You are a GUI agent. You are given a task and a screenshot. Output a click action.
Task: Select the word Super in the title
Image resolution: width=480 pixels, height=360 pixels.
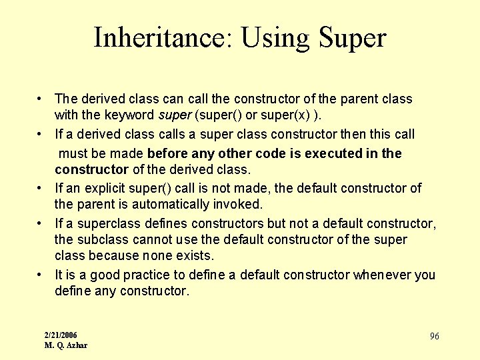tap(353, 38)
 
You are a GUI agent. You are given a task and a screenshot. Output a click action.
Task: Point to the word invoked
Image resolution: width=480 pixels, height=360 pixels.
tap(241, 204)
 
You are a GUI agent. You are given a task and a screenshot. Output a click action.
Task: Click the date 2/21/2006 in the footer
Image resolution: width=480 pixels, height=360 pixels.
tap(61, 335)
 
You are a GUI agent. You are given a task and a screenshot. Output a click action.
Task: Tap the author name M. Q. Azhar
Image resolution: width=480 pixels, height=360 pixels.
tap(65, 345)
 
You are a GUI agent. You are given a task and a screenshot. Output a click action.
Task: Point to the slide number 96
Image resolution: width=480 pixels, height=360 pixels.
tap(434, 337)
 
